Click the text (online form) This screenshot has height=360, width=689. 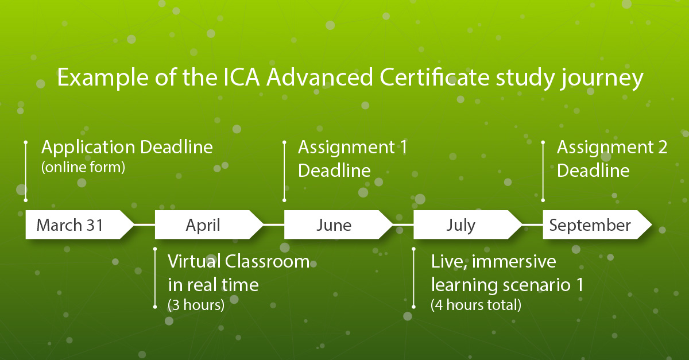pos(83,169)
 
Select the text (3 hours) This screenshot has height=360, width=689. pos(196,305)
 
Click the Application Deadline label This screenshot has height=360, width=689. pos(127,148)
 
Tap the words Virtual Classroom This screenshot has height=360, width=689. pos(238,262)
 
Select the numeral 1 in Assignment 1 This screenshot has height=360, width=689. pos(402,148)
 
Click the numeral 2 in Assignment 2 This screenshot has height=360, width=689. pos(661,148)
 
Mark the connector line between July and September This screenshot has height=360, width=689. pos(533,224)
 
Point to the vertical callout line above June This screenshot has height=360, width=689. pos(284,171)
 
